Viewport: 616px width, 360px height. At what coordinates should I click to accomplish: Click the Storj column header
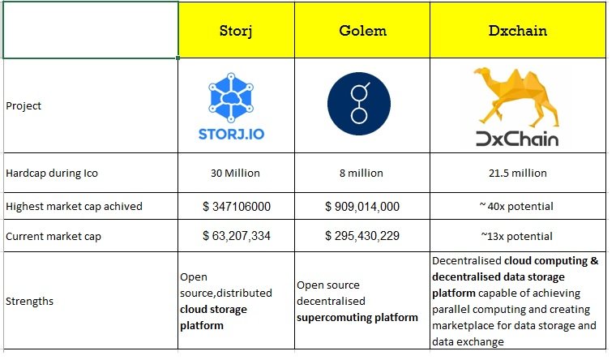236,31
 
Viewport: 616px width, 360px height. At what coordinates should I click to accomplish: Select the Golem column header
362,31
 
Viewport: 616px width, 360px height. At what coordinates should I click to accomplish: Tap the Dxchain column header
518,31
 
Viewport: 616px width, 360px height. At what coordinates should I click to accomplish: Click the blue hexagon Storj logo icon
231,97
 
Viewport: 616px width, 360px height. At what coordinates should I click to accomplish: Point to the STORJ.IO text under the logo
231,135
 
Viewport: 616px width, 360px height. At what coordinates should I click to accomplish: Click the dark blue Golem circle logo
359,104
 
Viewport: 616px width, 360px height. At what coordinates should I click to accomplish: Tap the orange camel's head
482,74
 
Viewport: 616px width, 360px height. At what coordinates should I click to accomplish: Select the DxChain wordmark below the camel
517,139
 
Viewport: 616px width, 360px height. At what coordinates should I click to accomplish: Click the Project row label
24,106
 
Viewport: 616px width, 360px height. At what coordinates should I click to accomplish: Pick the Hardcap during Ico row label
52,174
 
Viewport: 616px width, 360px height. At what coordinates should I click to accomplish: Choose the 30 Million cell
235,174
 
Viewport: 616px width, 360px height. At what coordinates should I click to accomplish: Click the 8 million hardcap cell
361,174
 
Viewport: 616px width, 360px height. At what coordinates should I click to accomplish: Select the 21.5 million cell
518,174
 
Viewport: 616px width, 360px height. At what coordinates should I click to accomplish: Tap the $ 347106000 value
237,206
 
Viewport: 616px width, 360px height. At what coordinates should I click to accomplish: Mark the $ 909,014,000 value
362,206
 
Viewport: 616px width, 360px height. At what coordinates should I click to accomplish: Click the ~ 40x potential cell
516,206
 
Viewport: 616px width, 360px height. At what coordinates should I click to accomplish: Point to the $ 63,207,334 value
237,236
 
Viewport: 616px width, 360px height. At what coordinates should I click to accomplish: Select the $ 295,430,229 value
362,236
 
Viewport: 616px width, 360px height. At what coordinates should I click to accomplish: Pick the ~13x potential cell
516,236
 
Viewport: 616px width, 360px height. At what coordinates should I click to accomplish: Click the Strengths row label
29,302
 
